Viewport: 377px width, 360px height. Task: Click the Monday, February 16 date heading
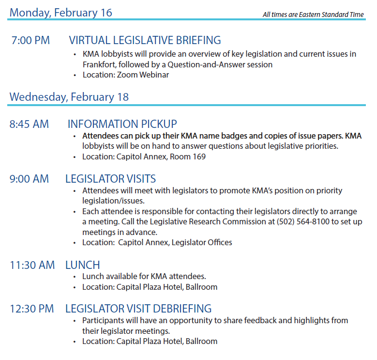[60, 12]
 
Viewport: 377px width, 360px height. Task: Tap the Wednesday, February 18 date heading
[69, 97]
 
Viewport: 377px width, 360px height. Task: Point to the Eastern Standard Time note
[313, 15]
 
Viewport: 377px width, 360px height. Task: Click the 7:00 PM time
[30, 41]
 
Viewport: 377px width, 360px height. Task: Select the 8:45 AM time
[29, 124]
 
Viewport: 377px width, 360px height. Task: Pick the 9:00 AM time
[29, 179]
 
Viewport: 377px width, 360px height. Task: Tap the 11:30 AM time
[32, 265]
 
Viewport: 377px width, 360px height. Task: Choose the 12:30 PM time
[32, 309]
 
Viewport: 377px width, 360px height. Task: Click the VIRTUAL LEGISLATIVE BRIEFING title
[145, 41]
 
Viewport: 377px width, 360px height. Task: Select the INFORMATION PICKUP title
[122, 124]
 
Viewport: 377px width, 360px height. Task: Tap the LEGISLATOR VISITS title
[110, 179]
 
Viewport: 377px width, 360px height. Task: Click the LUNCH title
[83, 265]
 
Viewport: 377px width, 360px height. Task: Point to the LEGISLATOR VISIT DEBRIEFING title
[138, 309]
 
